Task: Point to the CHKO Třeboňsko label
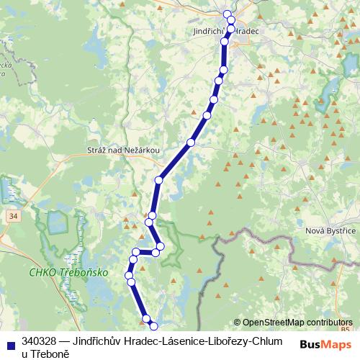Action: pos(69,273)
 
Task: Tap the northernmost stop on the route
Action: pos(228,14)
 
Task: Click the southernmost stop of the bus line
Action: pos(153,327)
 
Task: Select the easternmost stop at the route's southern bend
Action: pos(161,246)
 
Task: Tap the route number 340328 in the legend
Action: pos(39,341)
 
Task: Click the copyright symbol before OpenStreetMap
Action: pos(237,323)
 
